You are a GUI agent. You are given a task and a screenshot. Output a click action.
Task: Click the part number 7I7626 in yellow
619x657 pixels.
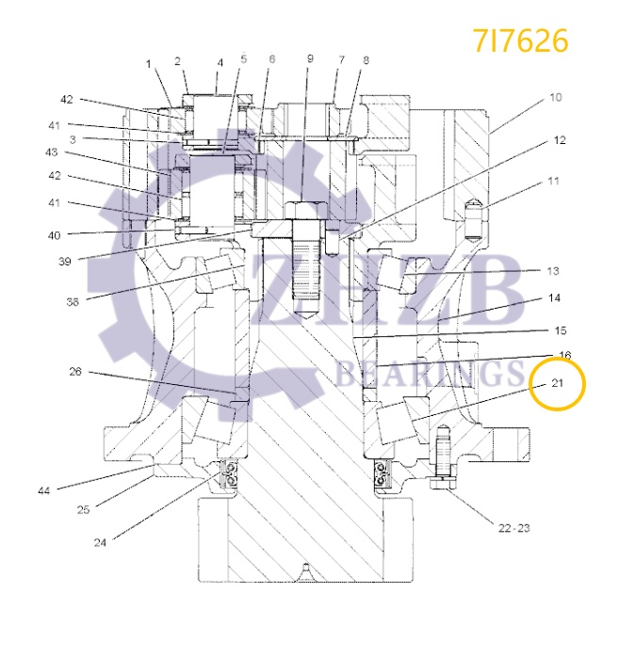click(521, 40)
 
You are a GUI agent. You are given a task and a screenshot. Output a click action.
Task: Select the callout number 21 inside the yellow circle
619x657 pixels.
click(557, 383)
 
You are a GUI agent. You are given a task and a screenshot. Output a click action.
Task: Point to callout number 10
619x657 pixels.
click(556, 97)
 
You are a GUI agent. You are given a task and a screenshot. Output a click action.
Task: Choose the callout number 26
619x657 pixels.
click(74, 372)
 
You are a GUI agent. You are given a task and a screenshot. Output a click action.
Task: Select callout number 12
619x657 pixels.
click(560, 140)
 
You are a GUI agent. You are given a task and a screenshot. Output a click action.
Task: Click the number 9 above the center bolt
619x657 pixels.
click(309, 60)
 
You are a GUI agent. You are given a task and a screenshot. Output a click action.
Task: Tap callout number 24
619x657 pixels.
click(101, 542)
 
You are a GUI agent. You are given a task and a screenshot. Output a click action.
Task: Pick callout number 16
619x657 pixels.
click(564, 355)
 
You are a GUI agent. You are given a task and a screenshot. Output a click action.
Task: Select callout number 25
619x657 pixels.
click(83, 509)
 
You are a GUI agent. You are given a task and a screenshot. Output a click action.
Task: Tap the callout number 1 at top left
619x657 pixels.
click(148, 63)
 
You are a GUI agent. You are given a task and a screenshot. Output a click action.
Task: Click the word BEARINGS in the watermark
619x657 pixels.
click(429, 376)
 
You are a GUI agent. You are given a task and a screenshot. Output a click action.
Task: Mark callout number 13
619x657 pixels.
click(553, 271)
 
